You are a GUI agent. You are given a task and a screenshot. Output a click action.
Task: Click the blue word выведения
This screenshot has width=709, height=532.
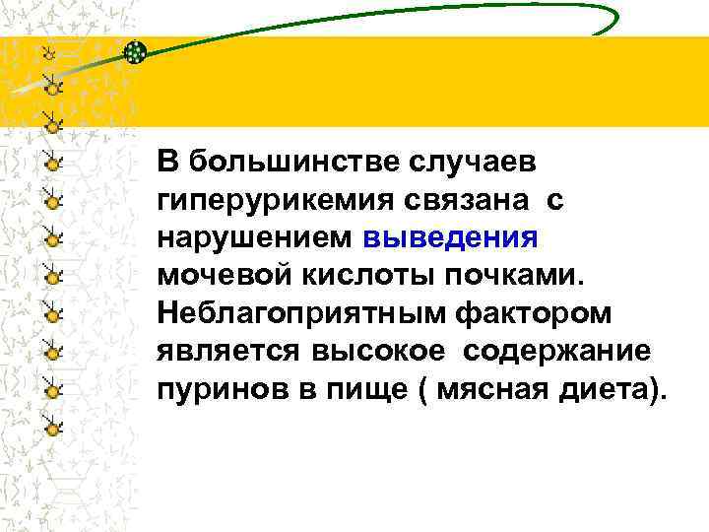(x=450, y=237)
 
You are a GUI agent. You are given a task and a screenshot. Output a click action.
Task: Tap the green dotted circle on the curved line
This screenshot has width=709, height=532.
(x=136, y=52)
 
